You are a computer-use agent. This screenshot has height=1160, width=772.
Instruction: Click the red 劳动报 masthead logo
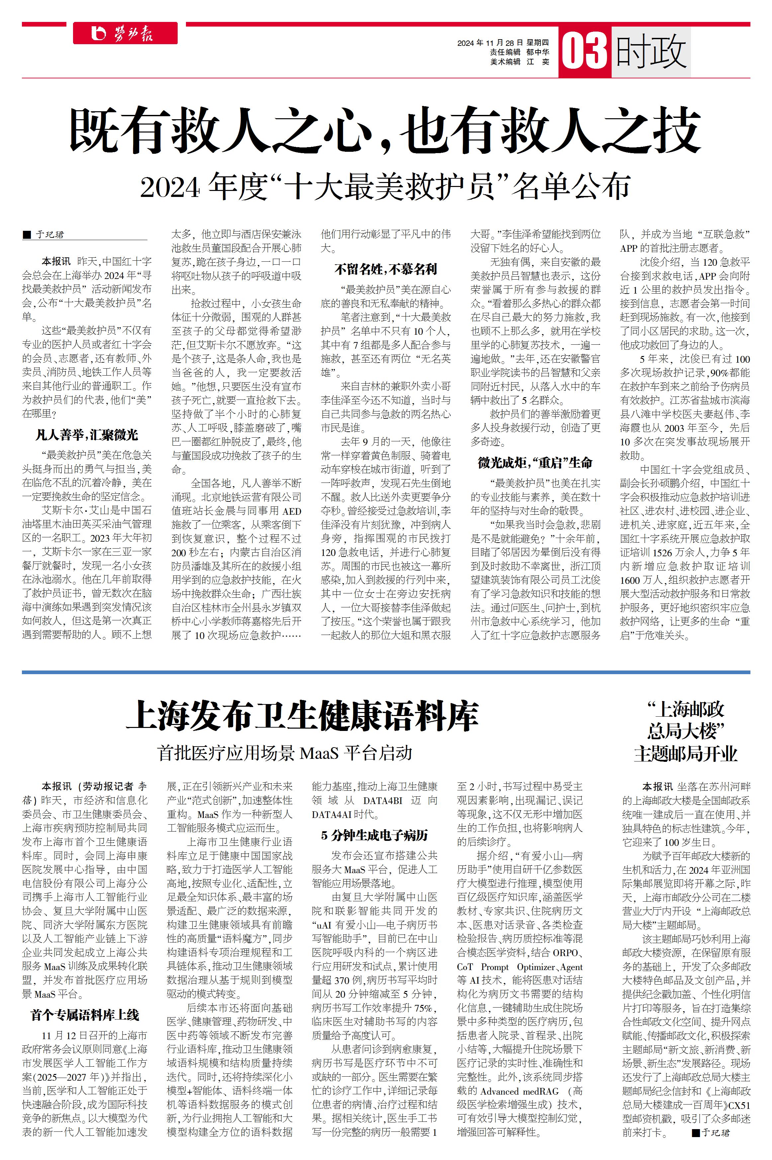point(125,34)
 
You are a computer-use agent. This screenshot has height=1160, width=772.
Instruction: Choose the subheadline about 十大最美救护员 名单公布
point(386,187)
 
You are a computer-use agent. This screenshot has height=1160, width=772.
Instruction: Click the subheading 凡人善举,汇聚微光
point(87,435)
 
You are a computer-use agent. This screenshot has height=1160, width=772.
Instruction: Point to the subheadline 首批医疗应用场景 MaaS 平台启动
point(285,753)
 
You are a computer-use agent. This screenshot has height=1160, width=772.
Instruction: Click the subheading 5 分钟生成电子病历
point(374,835)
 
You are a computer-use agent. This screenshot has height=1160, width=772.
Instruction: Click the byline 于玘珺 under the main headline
point(50,234)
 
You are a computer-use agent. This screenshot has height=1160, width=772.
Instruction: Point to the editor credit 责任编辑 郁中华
point(519,52)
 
